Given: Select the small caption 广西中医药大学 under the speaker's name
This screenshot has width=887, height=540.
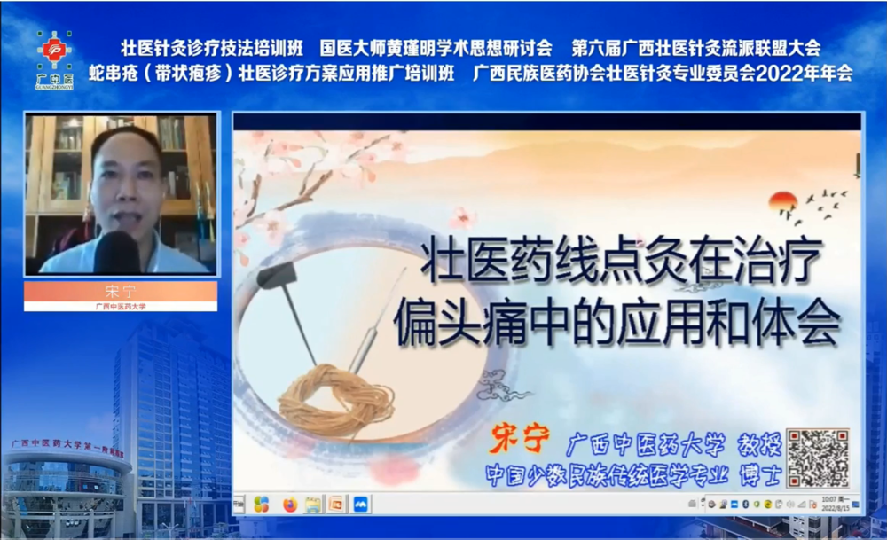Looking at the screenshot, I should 120,307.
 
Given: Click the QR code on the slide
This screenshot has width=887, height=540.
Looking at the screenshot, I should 818,458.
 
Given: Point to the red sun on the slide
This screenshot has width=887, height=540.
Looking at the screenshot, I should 783,202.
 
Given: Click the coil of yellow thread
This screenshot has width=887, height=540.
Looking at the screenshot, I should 337,399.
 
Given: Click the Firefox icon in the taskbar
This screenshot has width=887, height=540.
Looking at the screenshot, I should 289,504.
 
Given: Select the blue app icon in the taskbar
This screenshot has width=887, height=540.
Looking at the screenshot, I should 361,504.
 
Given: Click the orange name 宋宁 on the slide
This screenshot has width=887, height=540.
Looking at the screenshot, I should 514,442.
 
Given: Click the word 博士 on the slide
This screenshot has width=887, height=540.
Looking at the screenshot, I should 759,474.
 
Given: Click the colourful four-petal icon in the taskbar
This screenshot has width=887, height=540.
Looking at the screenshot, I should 261,504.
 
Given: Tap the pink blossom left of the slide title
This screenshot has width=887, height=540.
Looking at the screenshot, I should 461,218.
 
